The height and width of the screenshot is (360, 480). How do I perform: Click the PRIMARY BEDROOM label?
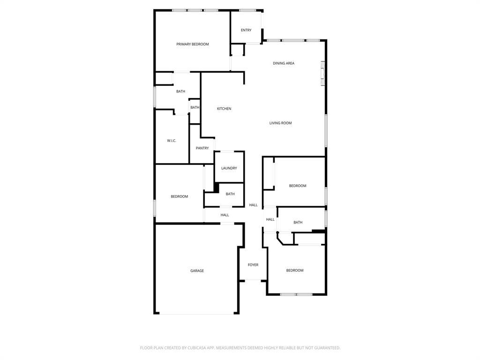click(x=192, y=44)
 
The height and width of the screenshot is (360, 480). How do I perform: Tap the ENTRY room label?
click(x=246, y=30)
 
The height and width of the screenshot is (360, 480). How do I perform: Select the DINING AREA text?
click(x=284, y=63)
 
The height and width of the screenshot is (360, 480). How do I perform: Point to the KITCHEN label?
click(x=224, y=109)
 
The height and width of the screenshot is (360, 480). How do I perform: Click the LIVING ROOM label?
click(x=280, y=123)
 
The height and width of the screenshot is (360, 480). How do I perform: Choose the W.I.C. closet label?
click(x=172, y=141)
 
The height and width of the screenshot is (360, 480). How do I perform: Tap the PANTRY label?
click(x=202, y=148)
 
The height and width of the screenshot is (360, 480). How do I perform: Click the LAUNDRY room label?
click(x=229, y=168)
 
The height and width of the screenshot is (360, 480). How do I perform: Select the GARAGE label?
click(x=197, y=271)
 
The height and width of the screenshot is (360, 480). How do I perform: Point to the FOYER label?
click(x=253, y=265)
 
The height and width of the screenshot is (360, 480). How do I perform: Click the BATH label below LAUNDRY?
click(x=230, y=194)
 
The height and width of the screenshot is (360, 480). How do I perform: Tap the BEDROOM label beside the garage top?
click(x=179, y=196)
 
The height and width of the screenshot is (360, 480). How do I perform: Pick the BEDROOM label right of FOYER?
click(x=295, y=270)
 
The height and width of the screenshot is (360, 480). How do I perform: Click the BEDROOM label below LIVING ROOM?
click(x=298, y=186)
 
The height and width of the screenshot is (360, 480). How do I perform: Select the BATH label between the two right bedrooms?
click(x=298, y=223)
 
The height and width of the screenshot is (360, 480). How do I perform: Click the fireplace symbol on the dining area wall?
click(x=322, y=74)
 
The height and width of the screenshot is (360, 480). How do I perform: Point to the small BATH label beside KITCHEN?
click(x=195, y=107)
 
